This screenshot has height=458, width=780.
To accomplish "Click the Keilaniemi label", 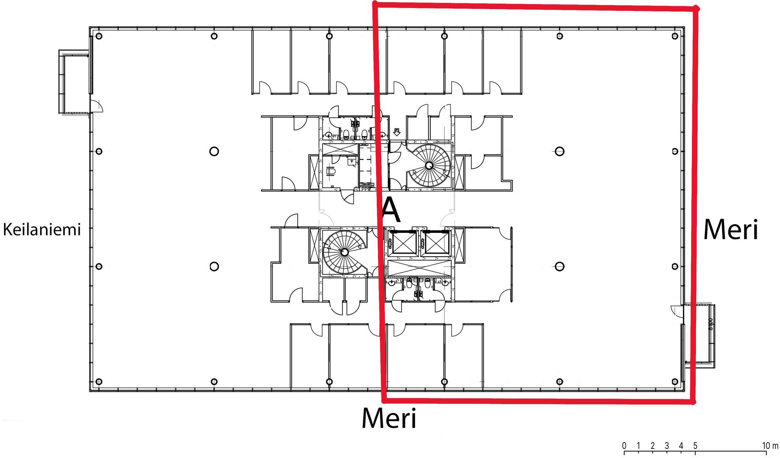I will [42, 229].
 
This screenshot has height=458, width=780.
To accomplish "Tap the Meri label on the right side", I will [730, 229].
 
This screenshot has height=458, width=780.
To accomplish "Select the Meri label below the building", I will [389, 418].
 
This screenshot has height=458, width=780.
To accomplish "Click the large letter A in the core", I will [390, 210].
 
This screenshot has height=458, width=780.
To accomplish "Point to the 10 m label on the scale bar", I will [770, 446].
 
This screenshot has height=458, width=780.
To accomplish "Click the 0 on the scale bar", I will [624, 446].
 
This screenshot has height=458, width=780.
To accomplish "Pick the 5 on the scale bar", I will [695, 446].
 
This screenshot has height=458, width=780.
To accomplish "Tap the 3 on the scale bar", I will [667, 446].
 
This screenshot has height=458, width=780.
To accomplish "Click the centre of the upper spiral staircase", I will [429, 165].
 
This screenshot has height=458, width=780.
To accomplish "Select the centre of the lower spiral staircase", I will [344, 252].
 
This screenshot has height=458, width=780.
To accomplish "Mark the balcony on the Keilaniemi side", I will [74, 82].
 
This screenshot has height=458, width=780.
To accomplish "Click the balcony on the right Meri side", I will [699, 335].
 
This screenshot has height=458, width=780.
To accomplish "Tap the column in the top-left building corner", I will [99, 36].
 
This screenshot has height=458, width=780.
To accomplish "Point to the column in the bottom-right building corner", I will [675, 382].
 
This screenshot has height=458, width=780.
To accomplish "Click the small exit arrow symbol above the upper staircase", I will [397, 131].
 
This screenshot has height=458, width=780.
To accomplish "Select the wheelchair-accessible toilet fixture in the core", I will [331, 171].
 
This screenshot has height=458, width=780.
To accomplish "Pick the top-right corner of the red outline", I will [696, 8].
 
